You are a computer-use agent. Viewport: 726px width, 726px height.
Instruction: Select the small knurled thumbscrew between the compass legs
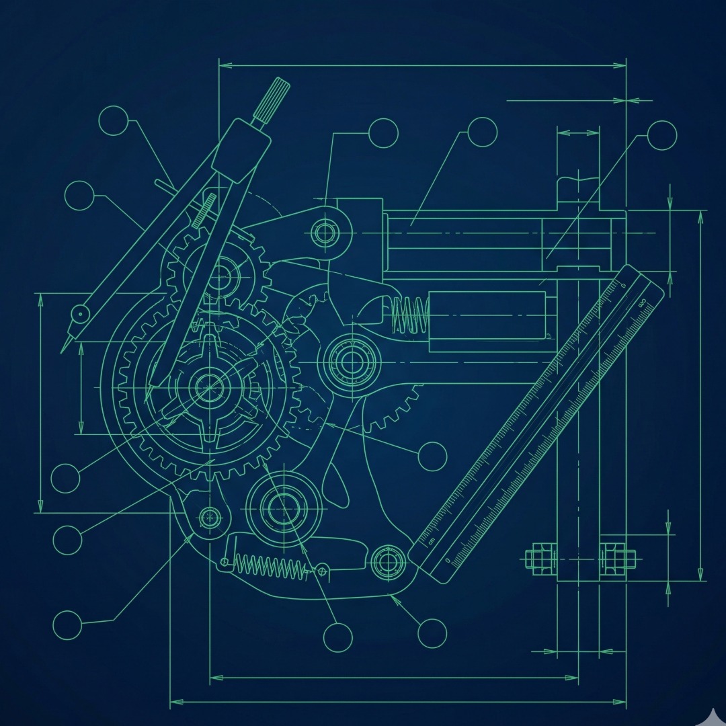point(204,210)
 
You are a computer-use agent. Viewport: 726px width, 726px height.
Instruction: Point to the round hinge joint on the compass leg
point(81,313)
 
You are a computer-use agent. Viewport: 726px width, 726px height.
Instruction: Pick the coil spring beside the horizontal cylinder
point(410,314)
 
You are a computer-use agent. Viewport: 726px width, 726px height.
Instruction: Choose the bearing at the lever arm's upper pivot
point(325,233)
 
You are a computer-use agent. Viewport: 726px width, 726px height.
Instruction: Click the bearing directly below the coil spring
point(350,362)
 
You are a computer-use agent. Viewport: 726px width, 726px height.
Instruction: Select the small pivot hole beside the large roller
point(210,518)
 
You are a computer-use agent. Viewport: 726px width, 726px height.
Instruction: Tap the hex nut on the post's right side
point(616,558)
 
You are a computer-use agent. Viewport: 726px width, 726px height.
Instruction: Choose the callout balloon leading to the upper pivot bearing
point(384,132)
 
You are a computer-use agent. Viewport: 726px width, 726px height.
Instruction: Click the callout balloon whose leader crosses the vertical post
point(662,135)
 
